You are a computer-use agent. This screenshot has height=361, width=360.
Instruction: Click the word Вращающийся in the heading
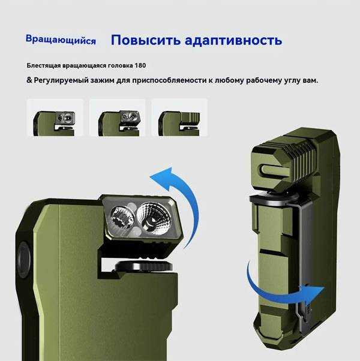point(61,41)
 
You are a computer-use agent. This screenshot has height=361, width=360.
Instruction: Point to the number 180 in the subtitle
point(139,65)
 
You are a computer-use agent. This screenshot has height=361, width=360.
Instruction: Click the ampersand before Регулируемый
point(29,80)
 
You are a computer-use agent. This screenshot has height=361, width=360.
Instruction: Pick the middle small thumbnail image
point(117,117)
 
